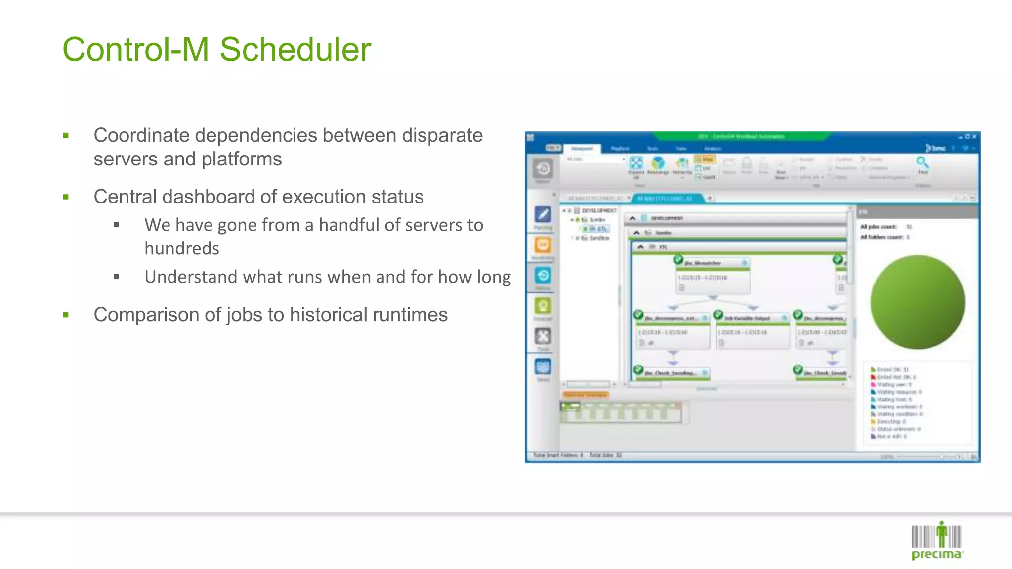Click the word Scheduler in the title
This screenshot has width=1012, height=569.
pos(295,50)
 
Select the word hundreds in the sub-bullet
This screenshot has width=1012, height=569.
pos(182,248)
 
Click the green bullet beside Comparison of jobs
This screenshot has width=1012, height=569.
pos(66,315)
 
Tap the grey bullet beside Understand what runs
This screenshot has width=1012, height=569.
pos(117,277)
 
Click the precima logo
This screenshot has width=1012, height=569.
pos(937,541)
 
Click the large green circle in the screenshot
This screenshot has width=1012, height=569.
pos(917,302)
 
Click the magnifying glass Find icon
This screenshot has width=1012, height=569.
pos(922,163)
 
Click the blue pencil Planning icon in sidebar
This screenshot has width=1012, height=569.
pos(543,215)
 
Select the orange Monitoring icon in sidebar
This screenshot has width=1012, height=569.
pos(543,245)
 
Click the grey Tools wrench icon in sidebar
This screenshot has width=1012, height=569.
pos(543,337)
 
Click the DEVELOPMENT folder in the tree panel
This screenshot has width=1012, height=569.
pos(598,211)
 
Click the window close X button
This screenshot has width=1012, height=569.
pos(974,137)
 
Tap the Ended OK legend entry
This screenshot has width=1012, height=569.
pos(892,369)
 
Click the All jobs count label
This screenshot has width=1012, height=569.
pos(878,227)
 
